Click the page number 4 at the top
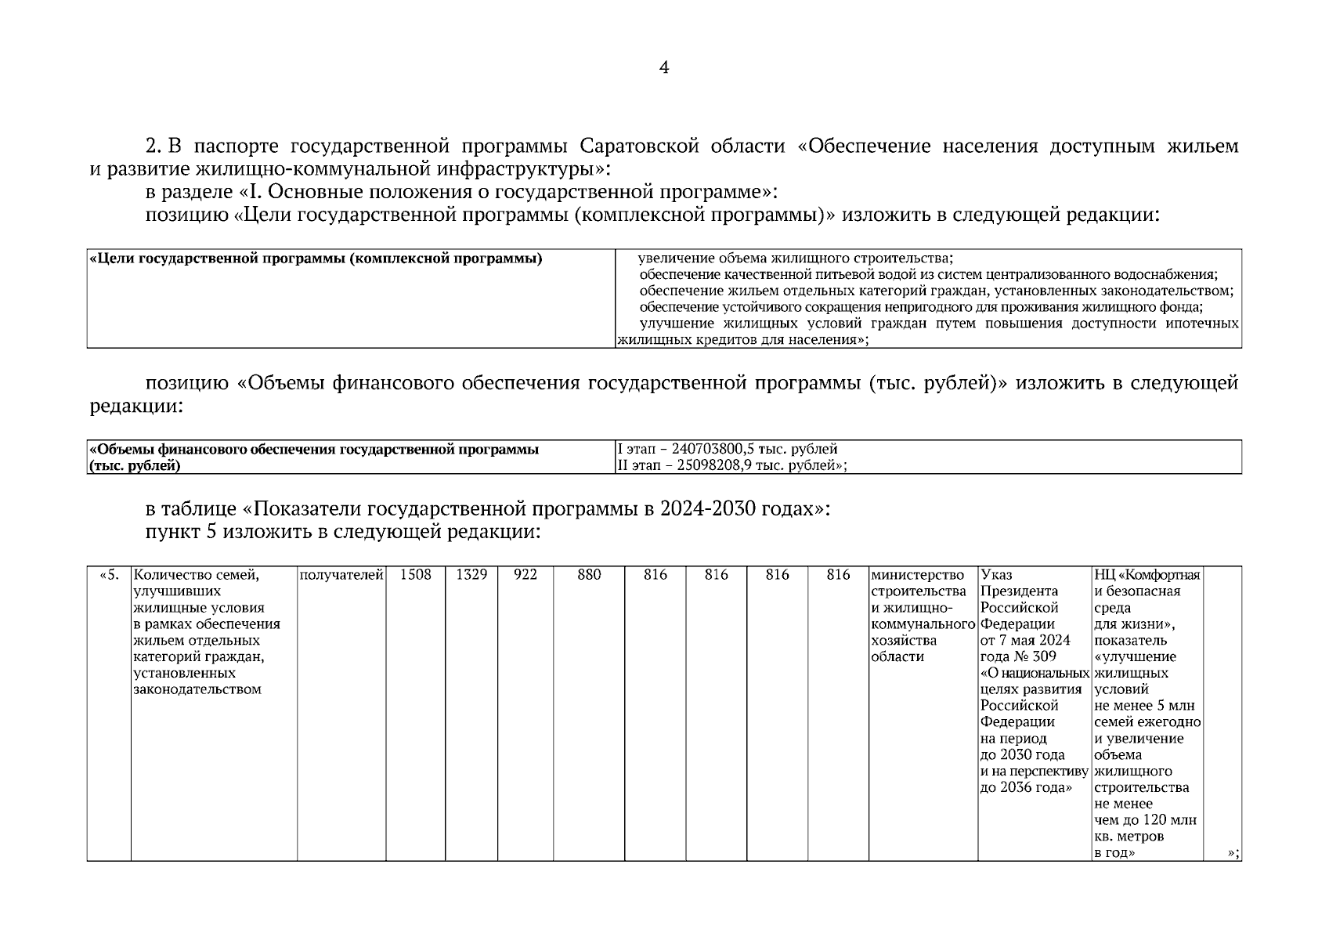tap(664, 68)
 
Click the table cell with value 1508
tap(415, 575)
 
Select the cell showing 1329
tap(471, 575)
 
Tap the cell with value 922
tap(525, 575)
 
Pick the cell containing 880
tap(589, 575)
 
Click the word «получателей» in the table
tap(341, 576)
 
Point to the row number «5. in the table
tap(109, 576)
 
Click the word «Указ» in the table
tap(996, 576)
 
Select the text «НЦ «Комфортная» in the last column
tap(1147, 576)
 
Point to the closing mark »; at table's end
tap(1233, 853)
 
